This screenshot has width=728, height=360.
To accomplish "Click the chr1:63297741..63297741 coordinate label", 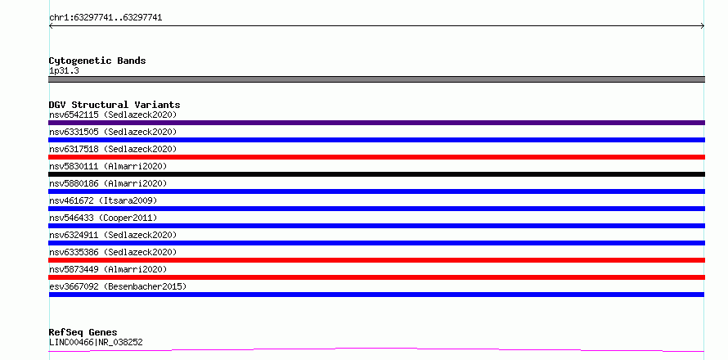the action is point(106,18).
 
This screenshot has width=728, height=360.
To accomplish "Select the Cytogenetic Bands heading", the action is point(97,61).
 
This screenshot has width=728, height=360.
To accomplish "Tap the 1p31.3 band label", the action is point(64,70).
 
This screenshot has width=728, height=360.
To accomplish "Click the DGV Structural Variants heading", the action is point(115,105).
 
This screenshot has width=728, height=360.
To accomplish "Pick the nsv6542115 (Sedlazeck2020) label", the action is point(113,115).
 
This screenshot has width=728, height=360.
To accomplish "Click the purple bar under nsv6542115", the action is point(376,123).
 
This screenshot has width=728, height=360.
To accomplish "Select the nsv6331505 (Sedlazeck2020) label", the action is point(113,132).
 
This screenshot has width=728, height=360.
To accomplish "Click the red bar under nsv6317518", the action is point(376,157).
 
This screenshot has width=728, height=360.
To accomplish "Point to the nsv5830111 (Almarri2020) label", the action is point(108,166).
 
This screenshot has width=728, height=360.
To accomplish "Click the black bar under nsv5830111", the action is point(376,174).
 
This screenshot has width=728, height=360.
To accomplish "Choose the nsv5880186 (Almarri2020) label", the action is point(108,183).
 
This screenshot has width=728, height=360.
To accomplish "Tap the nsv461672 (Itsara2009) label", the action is point(103,200).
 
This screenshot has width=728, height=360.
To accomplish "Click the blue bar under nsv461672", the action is point(376,209).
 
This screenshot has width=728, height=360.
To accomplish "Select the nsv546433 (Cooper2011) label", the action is point(103,218).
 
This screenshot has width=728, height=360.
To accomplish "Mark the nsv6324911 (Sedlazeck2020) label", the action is point(113,235).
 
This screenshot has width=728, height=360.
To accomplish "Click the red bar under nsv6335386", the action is point(376,260).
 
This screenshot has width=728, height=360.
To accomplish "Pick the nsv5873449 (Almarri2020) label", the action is point(108,269).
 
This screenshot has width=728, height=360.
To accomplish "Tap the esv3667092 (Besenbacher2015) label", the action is point(118,286).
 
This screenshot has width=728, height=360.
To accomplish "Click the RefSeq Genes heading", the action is point(83,332).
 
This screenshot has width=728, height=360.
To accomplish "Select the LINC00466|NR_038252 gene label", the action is point(96,342).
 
